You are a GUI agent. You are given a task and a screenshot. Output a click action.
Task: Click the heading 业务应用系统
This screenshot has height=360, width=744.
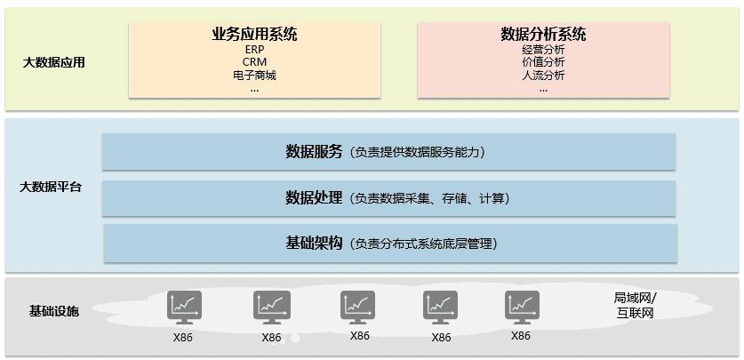pyautogui.click(x=254, y=34)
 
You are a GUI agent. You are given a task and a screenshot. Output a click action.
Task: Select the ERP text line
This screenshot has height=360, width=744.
pyautogui.click(x=255, y=49)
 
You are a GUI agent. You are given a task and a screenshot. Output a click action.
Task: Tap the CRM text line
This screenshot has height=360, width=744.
pyautogui.click(x=255, y=62)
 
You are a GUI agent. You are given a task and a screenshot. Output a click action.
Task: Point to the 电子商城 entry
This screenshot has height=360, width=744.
pyautogui.click(x=255, y=75)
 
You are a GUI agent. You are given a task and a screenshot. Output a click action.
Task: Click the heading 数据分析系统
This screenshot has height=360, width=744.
pyautogui.click(x=543, y=34)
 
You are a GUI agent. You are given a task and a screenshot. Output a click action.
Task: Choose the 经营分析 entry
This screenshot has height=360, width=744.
pyautogui.click(x=543, y=49)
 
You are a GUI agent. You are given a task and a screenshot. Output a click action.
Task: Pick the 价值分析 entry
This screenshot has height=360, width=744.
pyautogui.click(x=543, y=62)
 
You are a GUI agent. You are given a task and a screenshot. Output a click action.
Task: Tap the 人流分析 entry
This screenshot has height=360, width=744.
pyautogui.click(x=543, y=75)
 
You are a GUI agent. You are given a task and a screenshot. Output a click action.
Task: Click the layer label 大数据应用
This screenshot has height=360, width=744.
pyautogui.click(x=53, y=62)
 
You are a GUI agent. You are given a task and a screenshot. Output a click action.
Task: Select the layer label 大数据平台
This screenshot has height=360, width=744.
pyautogui.click(x=51, y=187)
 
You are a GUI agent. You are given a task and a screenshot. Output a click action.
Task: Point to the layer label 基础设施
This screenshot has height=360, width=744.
pyautogui.click(x=53, y=312)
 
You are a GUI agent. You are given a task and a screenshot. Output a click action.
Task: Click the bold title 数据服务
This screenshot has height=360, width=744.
pyautogui.click(x=314, y=152)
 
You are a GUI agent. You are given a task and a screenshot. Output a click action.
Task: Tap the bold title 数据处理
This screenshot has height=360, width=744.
pyautogui.click(x=314, y=198)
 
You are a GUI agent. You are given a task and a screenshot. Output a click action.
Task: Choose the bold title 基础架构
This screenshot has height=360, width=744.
pyautogui.click(x=314, y=244)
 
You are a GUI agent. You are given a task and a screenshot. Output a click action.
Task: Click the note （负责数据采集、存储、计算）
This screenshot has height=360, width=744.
pyautogui.click(x=429, y=199)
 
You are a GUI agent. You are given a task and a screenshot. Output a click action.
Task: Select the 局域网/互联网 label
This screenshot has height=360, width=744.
pyautogui.click(x=635, y=306)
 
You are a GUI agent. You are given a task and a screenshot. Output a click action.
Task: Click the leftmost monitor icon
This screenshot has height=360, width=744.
pyautogui.click(x=184, y=308)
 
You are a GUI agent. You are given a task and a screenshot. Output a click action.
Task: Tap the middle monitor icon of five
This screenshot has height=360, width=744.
pyautogui.click(x=357, y=308)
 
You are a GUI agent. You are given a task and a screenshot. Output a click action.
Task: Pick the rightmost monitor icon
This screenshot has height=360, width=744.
pyautogui.click(x=522, y=308)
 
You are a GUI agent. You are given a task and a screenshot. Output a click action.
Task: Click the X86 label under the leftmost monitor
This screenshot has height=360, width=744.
pyautogui.click(x=183, y=338)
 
